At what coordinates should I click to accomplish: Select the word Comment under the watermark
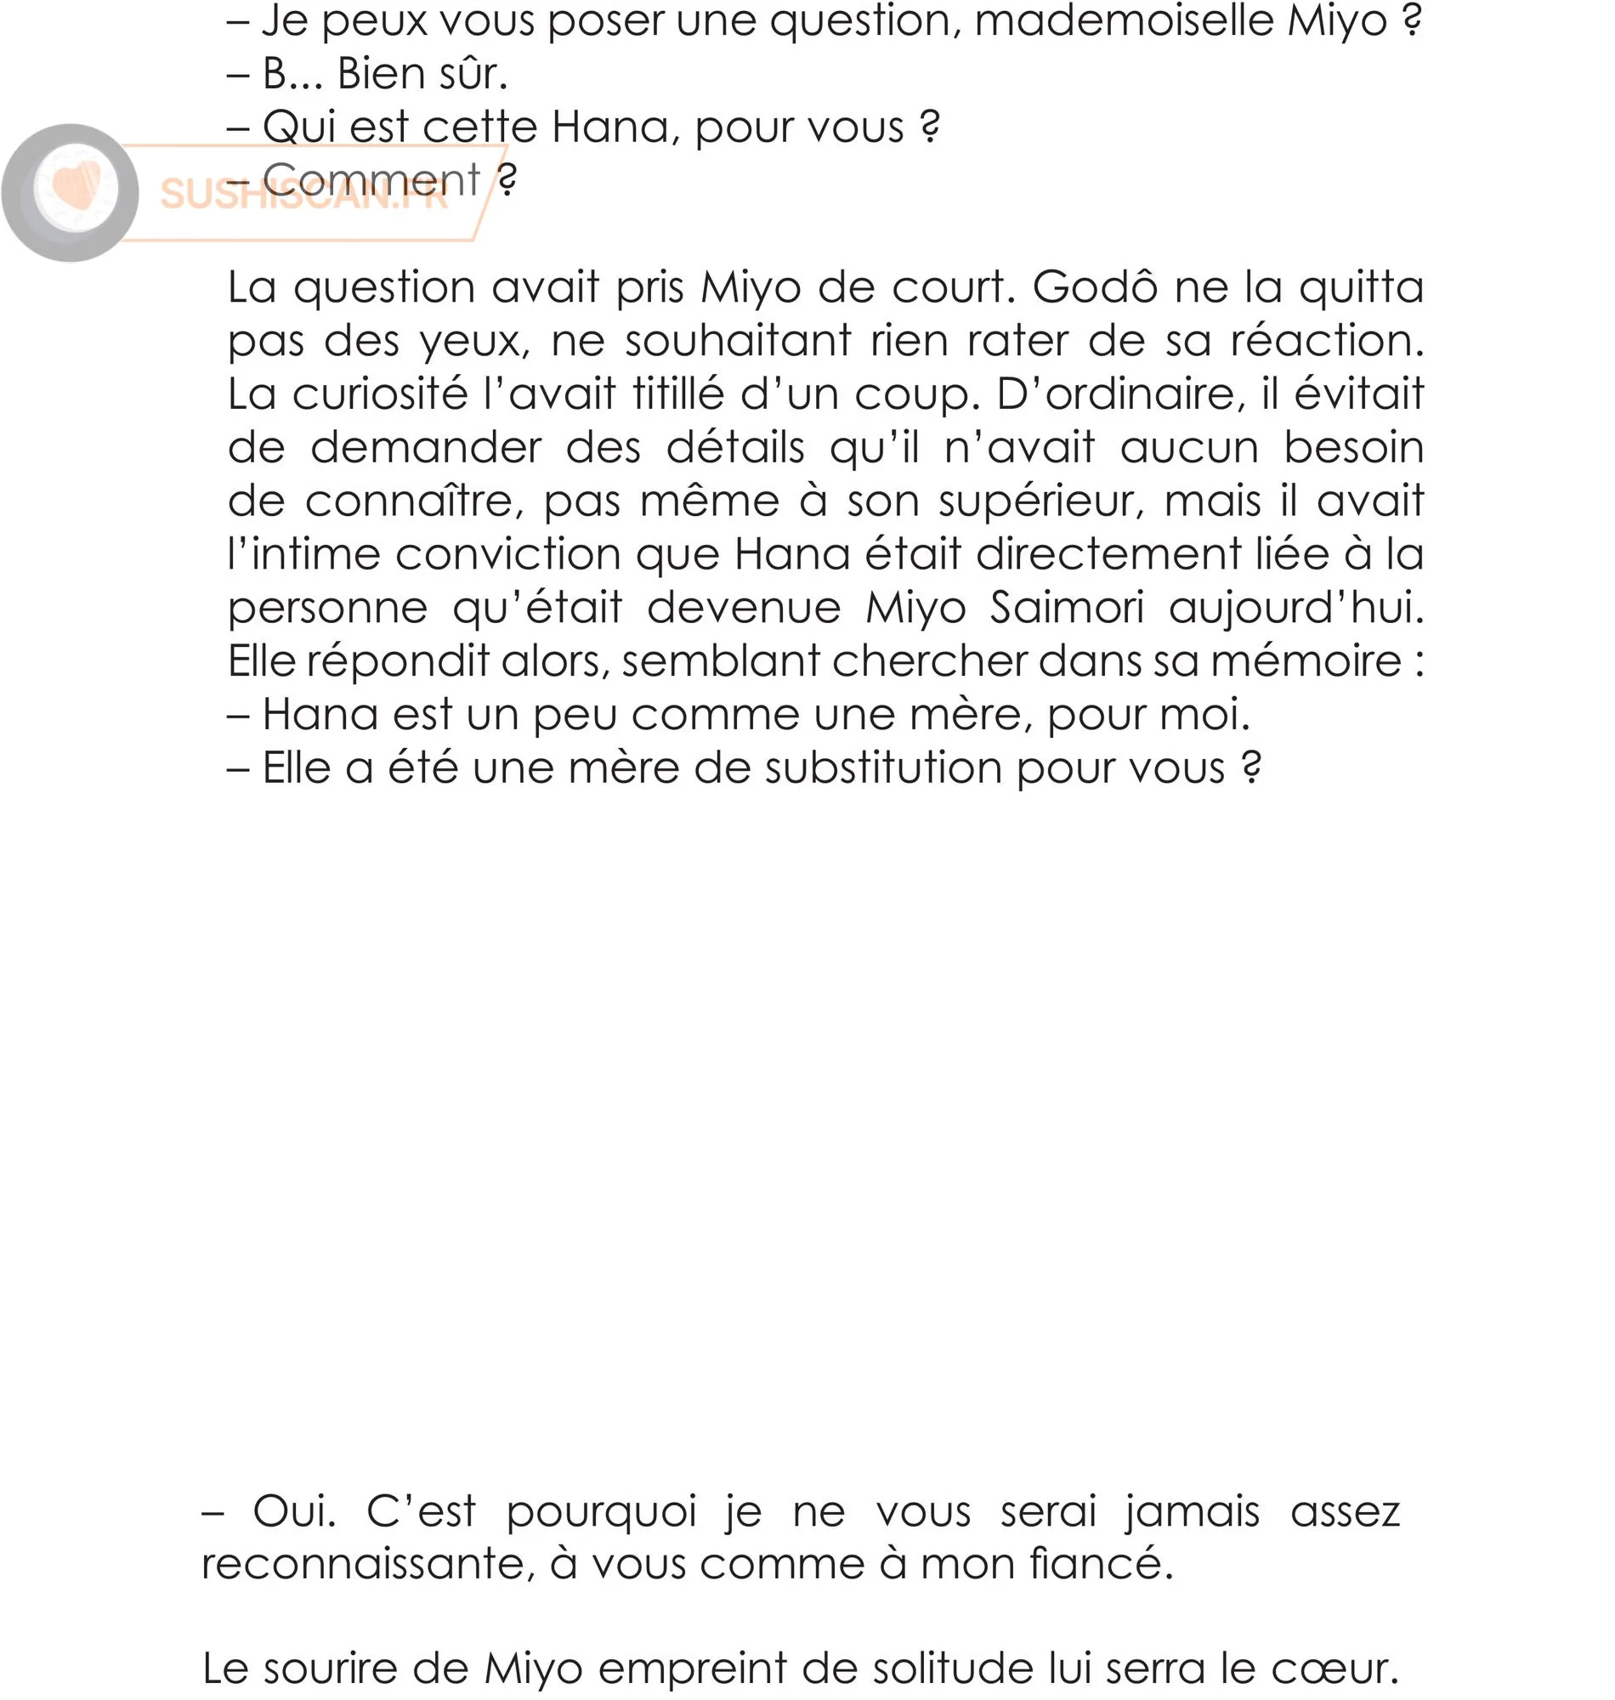[371, 181]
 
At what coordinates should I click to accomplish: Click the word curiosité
[380, 395]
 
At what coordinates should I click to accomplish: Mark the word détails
[735, 449]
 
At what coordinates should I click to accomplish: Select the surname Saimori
[1067, 609]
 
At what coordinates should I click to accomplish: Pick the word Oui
[293, 1511]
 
